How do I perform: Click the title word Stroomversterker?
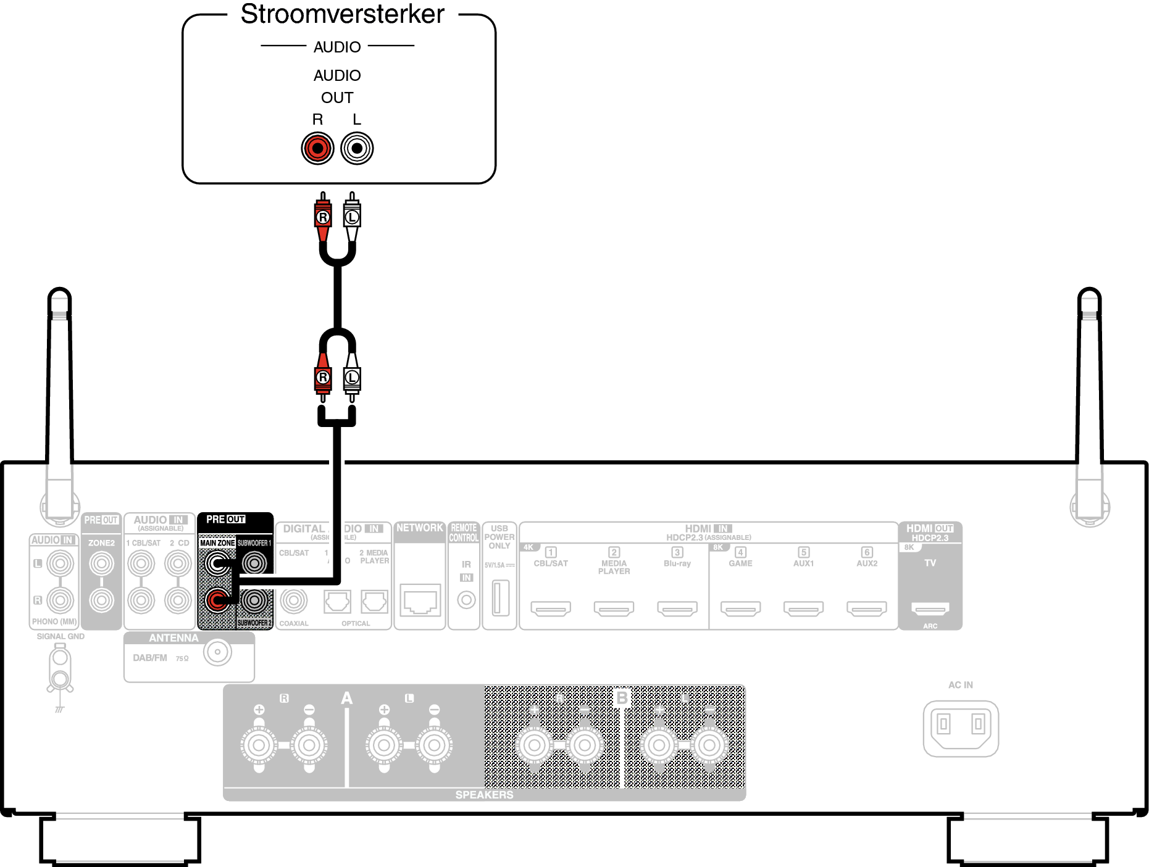pos(342,14)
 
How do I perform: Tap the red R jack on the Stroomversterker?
pos(317,148)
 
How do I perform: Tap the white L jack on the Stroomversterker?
pos(357,148)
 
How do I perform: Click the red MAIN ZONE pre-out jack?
pos(217,600)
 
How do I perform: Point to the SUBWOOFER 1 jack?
pos(254,563)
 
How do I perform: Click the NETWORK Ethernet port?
pos(420,600)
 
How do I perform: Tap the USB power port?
pos(500,597)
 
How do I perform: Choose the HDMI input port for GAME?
pos(740,609)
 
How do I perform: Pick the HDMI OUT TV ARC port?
pos(930,609)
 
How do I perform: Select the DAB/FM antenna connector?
pos(217,652)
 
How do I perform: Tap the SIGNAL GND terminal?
pos(60,670)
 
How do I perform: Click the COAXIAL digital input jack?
pos(294,600)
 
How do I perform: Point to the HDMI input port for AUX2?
pos(867,609)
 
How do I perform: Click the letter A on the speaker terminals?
pos(347,699)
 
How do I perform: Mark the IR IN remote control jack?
pos(466,599)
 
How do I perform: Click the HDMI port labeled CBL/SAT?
pos(551,609)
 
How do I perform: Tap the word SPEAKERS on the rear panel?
pos(484,795)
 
